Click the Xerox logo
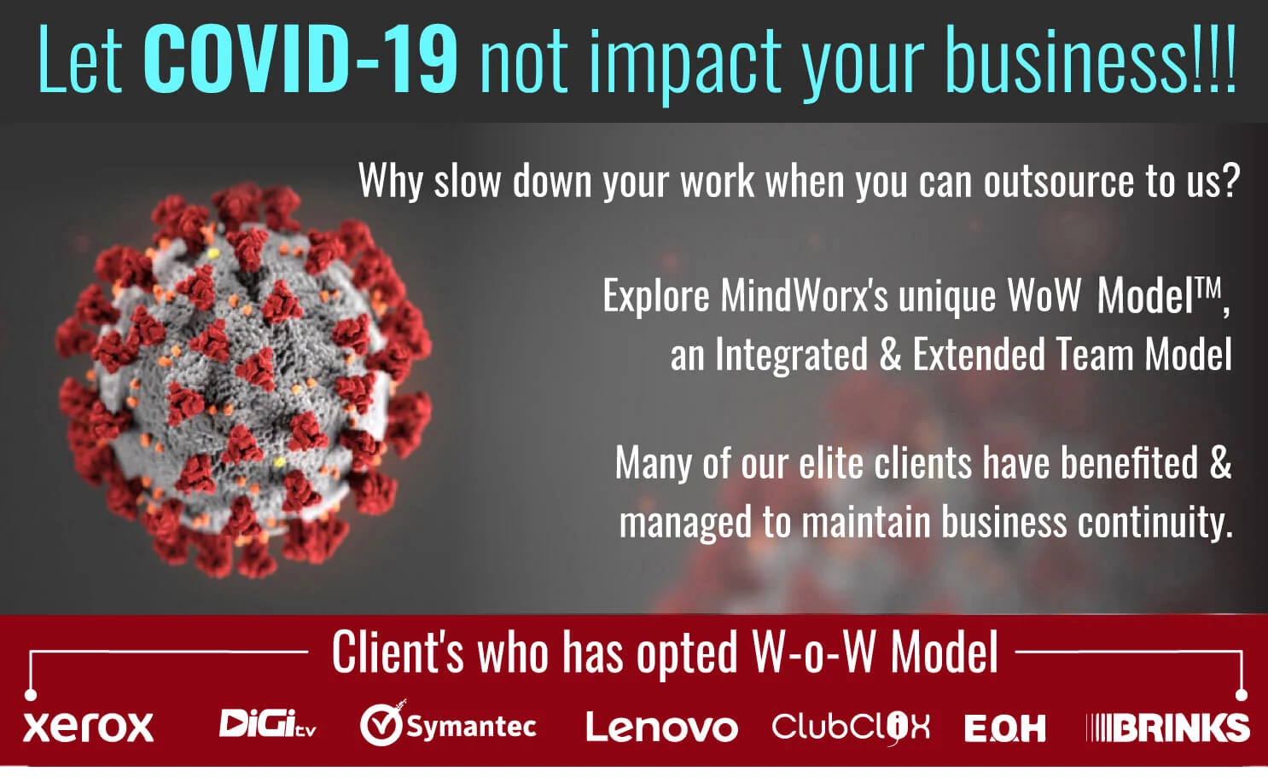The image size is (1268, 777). click(88, 728)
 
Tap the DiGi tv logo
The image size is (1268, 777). click(267, 724)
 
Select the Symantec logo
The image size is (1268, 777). click(448, 724)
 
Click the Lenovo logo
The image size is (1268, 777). click(662, 727)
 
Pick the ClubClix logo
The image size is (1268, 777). click(850, 728)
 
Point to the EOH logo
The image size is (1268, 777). click(1005, 728)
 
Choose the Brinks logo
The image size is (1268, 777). click(1167, 728)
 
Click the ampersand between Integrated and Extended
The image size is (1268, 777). click(890, 354)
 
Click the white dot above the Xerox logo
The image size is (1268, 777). click(31, 694)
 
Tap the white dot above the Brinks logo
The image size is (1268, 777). click(1242, 694)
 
